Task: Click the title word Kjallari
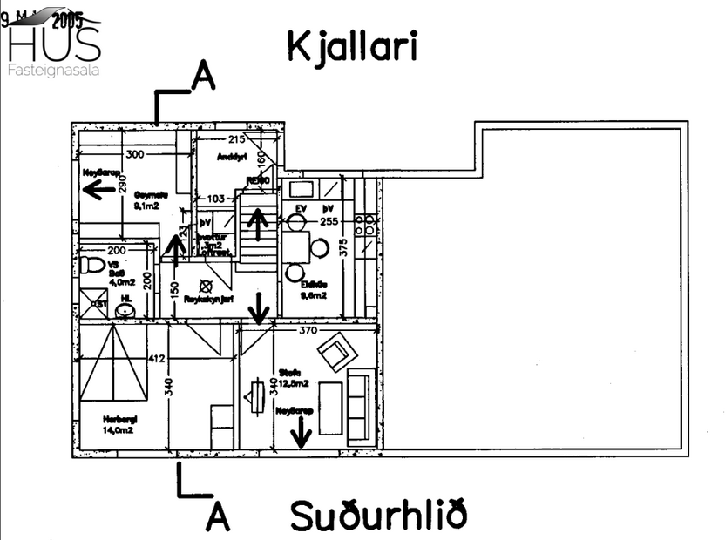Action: (x=352, y=49)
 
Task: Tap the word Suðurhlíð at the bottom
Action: (x=378, y=515)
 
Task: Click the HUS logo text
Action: (x=53, y=43)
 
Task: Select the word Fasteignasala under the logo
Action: (x=53, y=70)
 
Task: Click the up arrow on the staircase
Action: (x=257, y=224)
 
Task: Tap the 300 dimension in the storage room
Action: (x=134, y=154)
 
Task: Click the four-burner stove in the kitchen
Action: (x=367, y=227)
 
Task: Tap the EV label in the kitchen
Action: (x=302, y=210)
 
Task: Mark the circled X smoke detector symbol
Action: (x=207, y=285)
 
